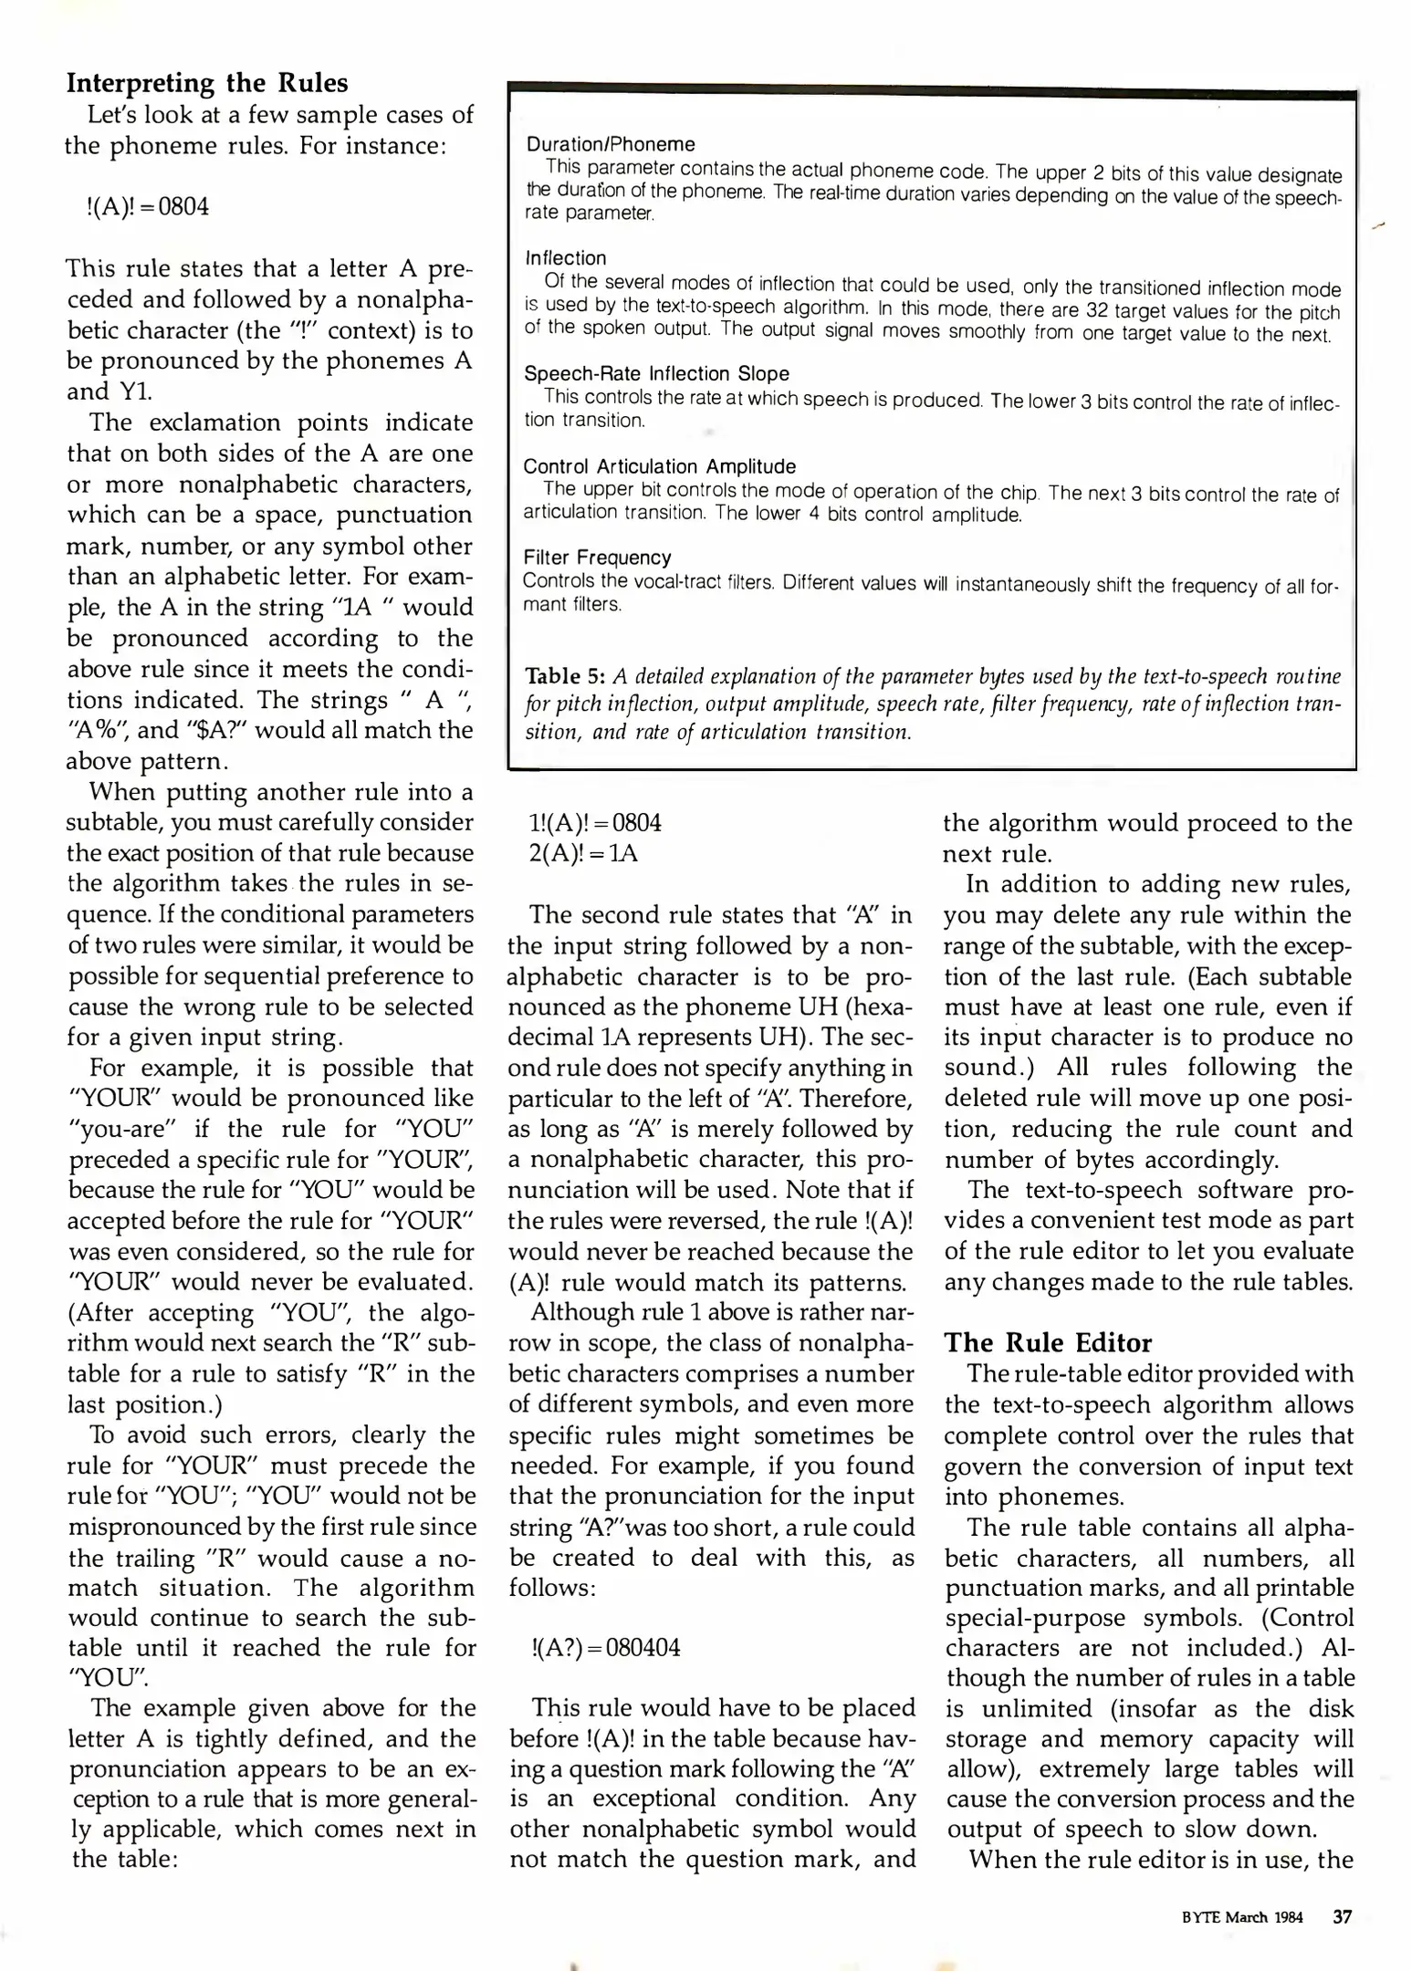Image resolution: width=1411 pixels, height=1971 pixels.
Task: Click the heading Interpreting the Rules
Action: point(207,83)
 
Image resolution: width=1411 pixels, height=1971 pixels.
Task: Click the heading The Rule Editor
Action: point(1048,1342)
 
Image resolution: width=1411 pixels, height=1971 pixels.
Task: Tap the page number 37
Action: point(1342,1917)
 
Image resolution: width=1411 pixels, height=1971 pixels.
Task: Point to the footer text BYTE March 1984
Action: point(1242,1918)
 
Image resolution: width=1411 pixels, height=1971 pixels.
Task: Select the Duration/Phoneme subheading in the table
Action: point(611,144)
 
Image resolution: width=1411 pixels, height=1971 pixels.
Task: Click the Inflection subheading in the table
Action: point(566,258)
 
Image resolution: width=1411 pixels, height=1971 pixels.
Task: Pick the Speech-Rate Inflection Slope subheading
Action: point(656,373)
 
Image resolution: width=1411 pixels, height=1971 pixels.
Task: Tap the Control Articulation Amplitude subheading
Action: point(660,466)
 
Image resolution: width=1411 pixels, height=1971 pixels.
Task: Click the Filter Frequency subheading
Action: point(597,558)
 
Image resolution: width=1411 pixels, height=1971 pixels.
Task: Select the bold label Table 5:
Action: point(566,676)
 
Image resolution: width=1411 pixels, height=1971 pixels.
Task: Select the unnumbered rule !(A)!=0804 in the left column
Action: point(147,207)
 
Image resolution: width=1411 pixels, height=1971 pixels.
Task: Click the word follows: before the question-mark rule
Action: point(551,1588)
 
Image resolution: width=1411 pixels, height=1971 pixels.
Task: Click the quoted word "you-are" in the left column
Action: point(123,1130)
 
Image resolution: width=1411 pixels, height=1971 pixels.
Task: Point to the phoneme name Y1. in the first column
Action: point(133,391)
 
